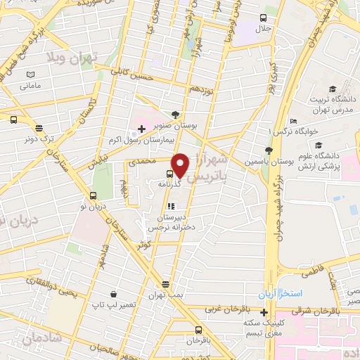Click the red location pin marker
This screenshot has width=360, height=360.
[x=180, y=165]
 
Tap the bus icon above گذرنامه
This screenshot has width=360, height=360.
[x=171, y=174]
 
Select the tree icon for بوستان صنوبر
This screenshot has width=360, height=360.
[x=175, y=115]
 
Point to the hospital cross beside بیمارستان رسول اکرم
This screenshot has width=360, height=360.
[x=141, y=129]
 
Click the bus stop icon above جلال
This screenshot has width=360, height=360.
[x=263, y=18]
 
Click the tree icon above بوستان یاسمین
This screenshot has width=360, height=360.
[x=268, y=150]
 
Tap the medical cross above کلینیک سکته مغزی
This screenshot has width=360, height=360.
[x=264, y=312]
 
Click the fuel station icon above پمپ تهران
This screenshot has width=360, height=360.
[x=165, y=284]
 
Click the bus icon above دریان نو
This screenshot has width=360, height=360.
[x=94, y=196]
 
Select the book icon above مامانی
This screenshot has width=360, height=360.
[x=30, y=75]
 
